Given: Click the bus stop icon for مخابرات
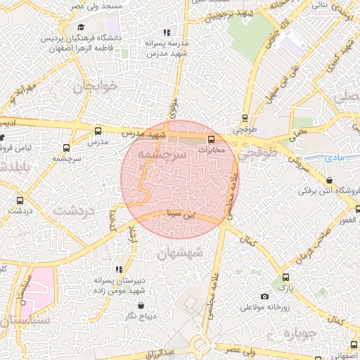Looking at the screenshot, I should (212, 139).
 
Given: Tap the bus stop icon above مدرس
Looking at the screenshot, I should (98, 131).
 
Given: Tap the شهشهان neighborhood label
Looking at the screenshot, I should (181, 252).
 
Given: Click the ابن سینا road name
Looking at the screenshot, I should (179, 213).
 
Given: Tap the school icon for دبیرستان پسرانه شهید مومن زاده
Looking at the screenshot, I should (118, 269).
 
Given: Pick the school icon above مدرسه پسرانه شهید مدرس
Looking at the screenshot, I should (167, 32).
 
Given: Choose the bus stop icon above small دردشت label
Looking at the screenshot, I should (19, 200).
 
